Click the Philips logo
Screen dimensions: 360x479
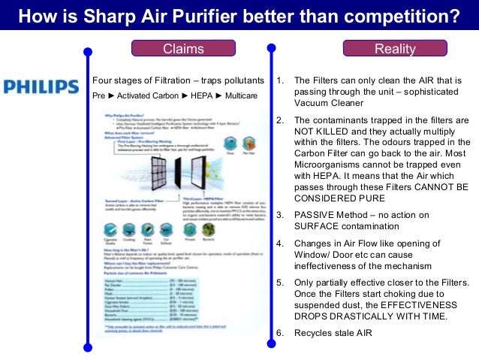[x=41, y=86]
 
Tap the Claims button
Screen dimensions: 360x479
[x=183, y=49]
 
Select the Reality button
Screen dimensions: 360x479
[x=395, y=49]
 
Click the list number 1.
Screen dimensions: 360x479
[x=280, y=80]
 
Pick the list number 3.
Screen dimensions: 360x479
[x=280, y=214]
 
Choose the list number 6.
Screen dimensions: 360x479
[x=280, y=333]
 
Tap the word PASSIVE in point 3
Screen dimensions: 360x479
[x=314, y=214]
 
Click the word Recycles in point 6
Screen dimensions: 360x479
[x=312, y=333]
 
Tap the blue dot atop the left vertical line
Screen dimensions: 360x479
[x=87, y=52]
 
